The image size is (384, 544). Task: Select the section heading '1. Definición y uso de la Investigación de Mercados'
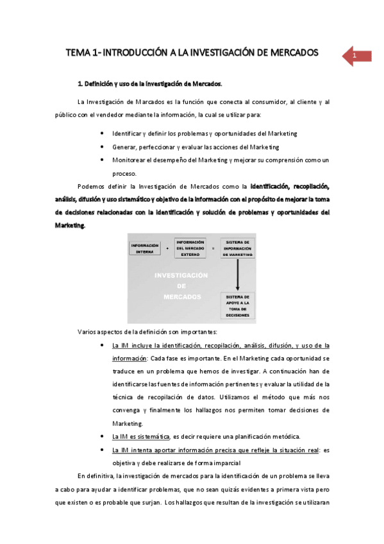click(x=150, y=83)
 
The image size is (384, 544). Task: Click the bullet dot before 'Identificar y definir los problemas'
click(x=103, y=133)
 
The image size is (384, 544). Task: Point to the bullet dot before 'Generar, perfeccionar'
click(x=103, y=146)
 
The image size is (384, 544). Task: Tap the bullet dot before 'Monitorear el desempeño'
click(x=103, y=160)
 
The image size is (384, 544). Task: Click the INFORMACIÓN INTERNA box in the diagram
click(x=144, y=248)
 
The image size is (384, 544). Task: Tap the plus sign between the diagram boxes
click(x=167, y=248)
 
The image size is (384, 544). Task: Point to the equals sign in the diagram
click(x=213, y=248)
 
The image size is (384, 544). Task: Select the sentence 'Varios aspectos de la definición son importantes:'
click(x=147, y=332)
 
